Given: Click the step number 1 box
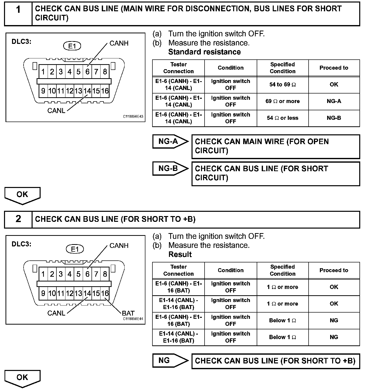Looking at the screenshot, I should [18, 13].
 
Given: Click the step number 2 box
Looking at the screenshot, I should [18, 220].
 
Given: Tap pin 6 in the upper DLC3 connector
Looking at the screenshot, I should [87, 72].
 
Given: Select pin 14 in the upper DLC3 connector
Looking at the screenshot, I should [87, 91].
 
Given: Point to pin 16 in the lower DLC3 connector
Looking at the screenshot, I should [105, 294].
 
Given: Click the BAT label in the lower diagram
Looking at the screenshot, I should [128, 313].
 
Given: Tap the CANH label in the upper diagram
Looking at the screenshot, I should [119, 43].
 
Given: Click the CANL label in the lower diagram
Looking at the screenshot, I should [56, 313].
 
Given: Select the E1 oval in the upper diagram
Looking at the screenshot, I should [72, 46].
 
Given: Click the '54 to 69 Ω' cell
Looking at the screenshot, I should [283, 85].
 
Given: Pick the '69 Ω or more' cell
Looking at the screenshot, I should [283, 102].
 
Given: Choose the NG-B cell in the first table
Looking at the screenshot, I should [334, 118].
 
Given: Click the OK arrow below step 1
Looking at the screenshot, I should [22, 195].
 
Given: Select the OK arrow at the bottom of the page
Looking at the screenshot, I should [22, 378].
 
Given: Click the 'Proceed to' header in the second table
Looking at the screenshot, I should [334, 270].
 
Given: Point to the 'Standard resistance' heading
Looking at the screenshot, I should [204, 52].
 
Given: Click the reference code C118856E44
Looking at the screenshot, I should [133, 319].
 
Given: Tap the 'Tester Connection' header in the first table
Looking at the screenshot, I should [178, 68].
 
